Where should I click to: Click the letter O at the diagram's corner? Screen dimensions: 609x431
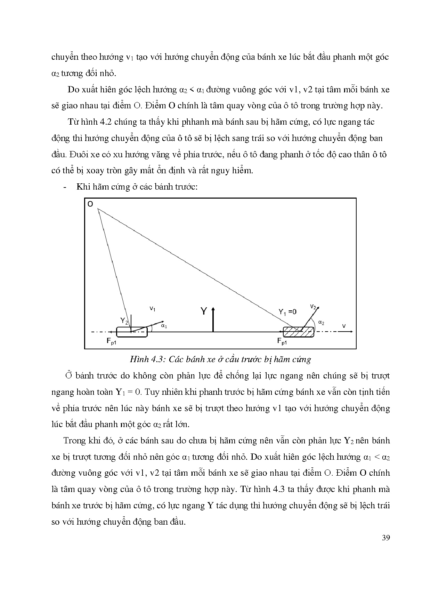pyautogui.click(x=90, y=204)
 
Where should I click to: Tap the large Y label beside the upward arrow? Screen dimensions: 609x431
pyautogui.click(x=204, y=311)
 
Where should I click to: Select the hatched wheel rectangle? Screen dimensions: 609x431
pyautogui.click(x=298, y=332)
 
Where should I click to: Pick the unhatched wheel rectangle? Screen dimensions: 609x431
pyautogui.click(x=132, y=332)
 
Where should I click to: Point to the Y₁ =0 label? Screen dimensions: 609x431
pyautogui.click(x=287, y=312)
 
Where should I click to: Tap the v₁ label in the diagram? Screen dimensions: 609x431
pyautogui.click(x=152, y=308)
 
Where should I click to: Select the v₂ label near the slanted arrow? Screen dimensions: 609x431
pyautogui.click(x=312, y=307)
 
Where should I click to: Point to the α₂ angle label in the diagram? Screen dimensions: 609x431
pyautogui.click(x=321, y=323)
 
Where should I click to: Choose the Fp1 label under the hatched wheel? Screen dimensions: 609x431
pyautogui.click(x=282, y=341)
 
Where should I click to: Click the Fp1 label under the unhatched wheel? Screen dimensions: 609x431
pyautogui.click(x=111, y=341)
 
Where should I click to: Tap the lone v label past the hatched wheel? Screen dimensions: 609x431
pyautogui.click(x=344, y=326)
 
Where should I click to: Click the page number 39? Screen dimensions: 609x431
pyautogui.click(x=385, y=538)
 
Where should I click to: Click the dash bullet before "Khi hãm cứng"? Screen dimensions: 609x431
pyautogui.click(x=65, y=187)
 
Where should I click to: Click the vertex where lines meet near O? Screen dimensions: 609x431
pyautogui.click(x=98, y=209)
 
